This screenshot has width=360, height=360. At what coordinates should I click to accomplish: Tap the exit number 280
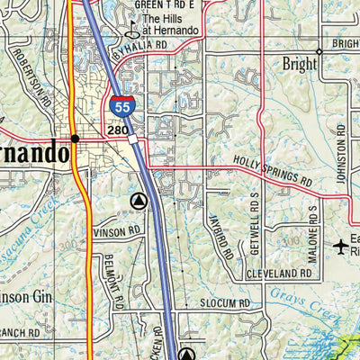[118, 132]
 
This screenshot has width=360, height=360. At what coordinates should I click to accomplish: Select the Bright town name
[299, 65]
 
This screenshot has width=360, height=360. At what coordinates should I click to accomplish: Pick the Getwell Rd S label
[256, 229]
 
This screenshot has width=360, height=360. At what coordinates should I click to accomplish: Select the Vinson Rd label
[116, 231]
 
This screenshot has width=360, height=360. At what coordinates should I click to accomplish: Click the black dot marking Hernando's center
[75, 139]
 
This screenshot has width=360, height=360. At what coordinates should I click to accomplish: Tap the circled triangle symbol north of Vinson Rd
[138, 201]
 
